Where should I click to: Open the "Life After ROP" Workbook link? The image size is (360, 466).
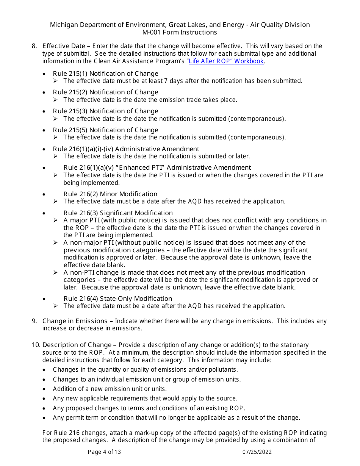[x=226, y=61]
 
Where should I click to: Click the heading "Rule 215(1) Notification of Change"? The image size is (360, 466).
[x=105, y=73]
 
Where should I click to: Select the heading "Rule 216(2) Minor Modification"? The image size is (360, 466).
[x=110, y=194]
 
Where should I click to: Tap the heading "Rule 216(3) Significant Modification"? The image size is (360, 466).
[x=118, y=213]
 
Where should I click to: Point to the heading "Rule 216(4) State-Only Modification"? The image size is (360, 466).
[x=117, y=299]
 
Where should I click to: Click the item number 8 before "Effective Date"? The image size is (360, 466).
[x=34, y=46]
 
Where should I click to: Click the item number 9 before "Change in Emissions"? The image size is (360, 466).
[x=34, y=321]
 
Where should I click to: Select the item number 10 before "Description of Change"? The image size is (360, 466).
[x=36, y=345]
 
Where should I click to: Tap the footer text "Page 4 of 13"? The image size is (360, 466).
[x=104, y=452]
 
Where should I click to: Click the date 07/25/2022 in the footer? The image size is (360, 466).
[x=257, y=452]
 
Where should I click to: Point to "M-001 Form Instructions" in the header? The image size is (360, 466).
[x=180, y=33]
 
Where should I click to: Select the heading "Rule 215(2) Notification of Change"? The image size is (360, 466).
[x=105, y=92]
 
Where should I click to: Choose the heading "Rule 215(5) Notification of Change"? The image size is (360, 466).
[x=105, y=130]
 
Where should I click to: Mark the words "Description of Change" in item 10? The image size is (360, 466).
[x=77, y=345]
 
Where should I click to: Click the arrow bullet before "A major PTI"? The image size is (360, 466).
[x=55, y=220]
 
